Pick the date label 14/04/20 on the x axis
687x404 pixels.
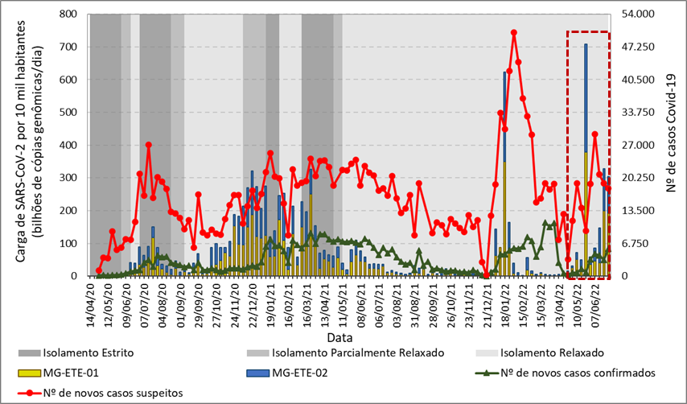[x=92, y=302]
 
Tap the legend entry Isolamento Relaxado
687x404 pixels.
[x=552, y=353]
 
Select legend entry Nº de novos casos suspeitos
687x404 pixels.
[x=121, y=393]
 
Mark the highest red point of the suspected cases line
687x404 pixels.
[x=513, y=33]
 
